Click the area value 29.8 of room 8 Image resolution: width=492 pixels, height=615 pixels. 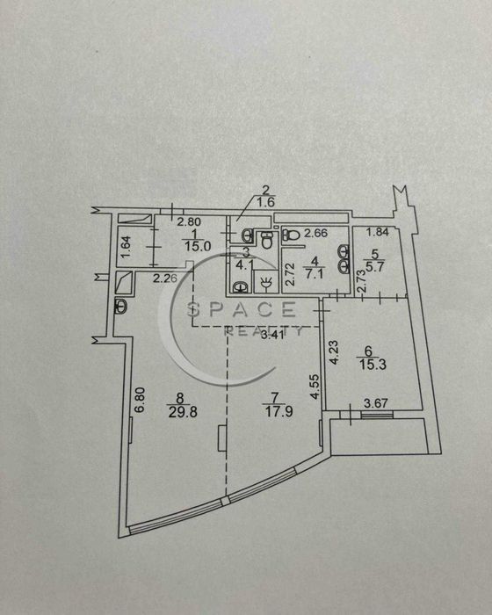pyautogui.click(x=183, y=412)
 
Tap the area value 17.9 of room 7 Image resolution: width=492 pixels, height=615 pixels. pyautogui.click(x=279, y=411)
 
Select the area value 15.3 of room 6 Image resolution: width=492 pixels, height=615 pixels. pyautogui.click(x=373, y=365)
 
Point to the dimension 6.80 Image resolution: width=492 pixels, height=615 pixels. pyautogui.click(x=140, y=400)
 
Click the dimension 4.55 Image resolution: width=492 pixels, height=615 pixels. pyautogui.click(x=315, y=387)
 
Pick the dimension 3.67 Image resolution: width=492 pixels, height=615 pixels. pyautogui.click(x=376, y=402)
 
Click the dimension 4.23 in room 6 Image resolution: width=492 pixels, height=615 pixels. pyautogui.click(x=334, y=352)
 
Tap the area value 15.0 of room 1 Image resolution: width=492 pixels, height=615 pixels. pyautogui.click(x=198, y=246)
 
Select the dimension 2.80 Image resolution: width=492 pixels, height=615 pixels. pyautogui.click(x=189, y=222)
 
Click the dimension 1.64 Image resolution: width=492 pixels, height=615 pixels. pyautogui.click(x=127, y=247)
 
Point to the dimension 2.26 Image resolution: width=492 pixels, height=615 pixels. pyautogui.click(x=165, y=279)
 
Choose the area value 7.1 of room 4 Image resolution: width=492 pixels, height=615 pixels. pyautogui.click(x=315, y=273)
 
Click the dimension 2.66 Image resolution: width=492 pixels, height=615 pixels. pyautogui.click(x=315, y=233)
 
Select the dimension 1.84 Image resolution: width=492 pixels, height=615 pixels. pyautogui.click(x=378, y=232)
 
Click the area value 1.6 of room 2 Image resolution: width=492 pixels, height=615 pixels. pyautogui.click(x=265, y=202)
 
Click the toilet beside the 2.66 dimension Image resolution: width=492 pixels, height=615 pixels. pyautogui.click(x=291, y=235)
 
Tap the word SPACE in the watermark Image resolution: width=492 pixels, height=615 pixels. pyautogui.click(x=242, y=309)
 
